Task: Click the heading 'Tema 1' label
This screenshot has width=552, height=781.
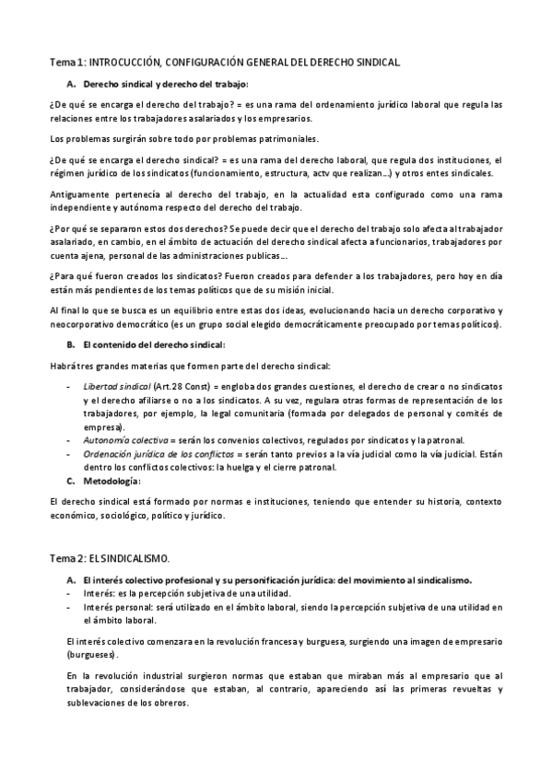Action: (x=66, y=63)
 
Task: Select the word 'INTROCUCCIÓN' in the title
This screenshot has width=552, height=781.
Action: (x=123, y=63)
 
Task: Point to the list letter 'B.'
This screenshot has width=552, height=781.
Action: (x=72, y=344)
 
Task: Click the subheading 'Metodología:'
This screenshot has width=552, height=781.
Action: (x=112, y=481)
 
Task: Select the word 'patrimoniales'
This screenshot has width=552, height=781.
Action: (x=286, y=139)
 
